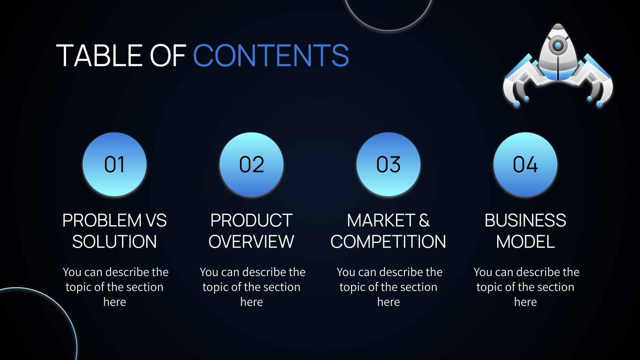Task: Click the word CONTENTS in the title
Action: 271,56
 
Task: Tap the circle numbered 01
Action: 114,164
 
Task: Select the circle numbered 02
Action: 252,164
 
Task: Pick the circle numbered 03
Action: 388,164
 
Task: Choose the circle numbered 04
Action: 525,164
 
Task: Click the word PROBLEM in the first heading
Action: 102,220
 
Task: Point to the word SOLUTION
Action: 114,242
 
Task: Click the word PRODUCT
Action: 252,220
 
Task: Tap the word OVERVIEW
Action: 252,242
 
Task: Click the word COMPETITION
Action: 388,242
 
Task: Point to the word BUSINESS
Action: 525,220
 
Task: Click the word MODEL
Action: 525,242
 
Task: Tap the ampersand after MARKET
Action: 424,220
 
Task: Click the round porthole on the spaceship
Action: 558,45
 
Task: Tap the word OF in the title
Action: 168,56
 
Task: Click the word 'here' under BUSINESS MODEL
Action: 525,302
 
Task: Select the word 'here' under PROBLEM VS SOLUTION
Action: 114,302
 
